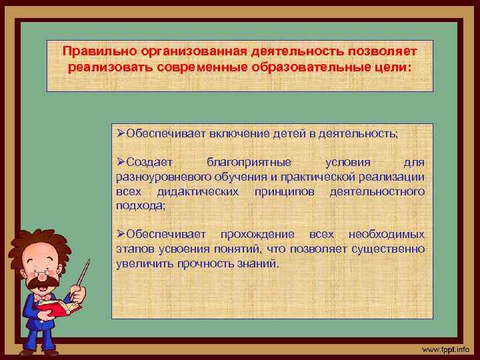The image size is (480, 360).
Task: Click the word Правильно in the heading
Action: tap(91, 51)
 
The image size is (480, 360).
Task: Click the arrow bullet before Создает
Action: tap(121, 162)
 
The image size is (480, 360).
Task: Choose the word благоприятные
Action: tap(249, 162)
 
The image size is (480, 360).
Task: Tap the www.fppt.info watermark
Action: tap(446, 349)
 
